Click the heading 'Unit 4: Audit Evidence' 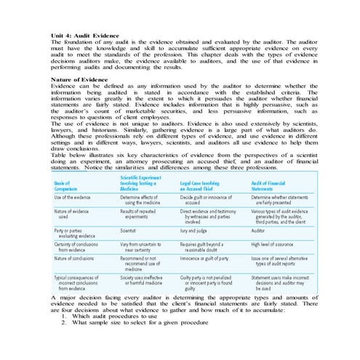click(x=84, y=36)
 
